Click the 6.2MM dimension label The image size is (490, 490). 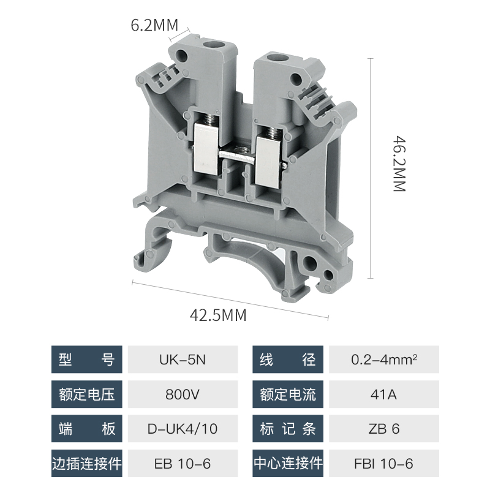(x=154, y=25)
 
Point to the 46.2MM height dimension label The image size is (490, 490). (x=399, y=164)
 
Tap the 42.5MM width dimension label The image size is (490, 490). (x=218, y=315)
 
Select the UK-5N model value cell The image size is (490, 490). (x=183, y=360)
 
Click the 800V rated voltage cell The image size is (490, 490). (x=183, y=394)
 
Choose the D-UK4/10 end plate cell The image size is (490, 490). (x=183, y=428)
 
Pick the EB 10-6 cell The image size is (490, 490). (x=183, y=464)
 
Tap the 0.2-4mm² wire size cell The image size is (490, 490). (x=384, y=360)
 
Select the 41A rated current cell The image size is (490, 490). (x=384, y=394)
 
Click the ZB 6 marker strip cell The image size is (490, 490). (x=384, y=428)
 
